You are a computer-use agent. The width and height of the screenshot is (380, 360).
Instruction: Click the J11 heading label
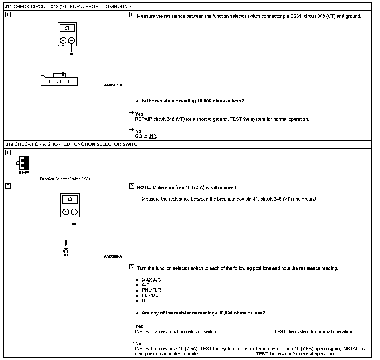click(x=8, y=7)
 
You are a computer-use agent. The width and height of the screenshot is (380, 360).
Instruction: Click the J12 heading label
click(x=9, y=144)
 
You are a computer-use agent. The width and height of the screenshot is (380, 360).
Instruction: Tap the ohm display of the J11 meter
click(x=67, y=28)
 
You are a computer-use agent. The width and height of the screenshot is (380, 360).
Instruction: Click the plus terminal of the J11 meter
click(x=63, y=41)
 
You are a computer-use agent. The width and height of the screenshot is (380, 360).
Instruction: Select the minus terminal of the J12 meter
click(x=74, y=212)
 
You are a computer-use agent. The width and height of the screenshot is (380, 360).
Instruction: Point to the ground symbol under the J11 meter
click(x=72, y=53)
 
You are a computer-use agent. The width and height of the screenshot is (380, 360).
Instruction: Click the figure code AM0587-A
click(x=113, y=85)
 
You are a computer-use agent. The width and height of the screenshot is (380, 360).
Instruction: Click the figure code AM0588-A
click(x=113, y=256)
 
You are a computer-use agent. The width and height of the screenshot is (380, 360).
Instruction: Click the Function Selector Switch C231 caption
click(x=65, y=179)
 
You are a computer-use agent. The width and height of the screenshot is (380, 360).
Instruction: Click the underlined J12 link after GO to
click(x=153, y=137)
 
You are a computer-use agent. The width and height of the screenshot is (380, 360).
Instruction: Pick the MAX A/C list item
click(x=151, y=280)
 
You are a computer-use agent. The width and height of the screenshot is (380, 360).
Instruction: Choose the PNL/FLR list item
click(x=151, y=290)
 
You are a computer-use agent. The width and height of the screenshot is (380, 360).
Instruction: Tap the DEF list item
click(x=146, y=300)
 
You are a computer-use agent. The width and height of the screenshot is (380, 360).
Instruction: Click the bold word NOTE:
click(x=144, y=188)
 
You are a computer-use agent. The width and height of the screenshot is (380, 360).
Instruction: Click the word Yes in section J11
click(x=139, y=114)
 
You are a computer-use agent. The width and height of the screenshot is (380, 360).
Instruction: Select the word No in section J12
click(x=138, y=343)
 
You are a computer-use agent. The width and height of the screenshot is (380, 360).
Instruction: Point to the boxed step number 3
click(x=132, y=267)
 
